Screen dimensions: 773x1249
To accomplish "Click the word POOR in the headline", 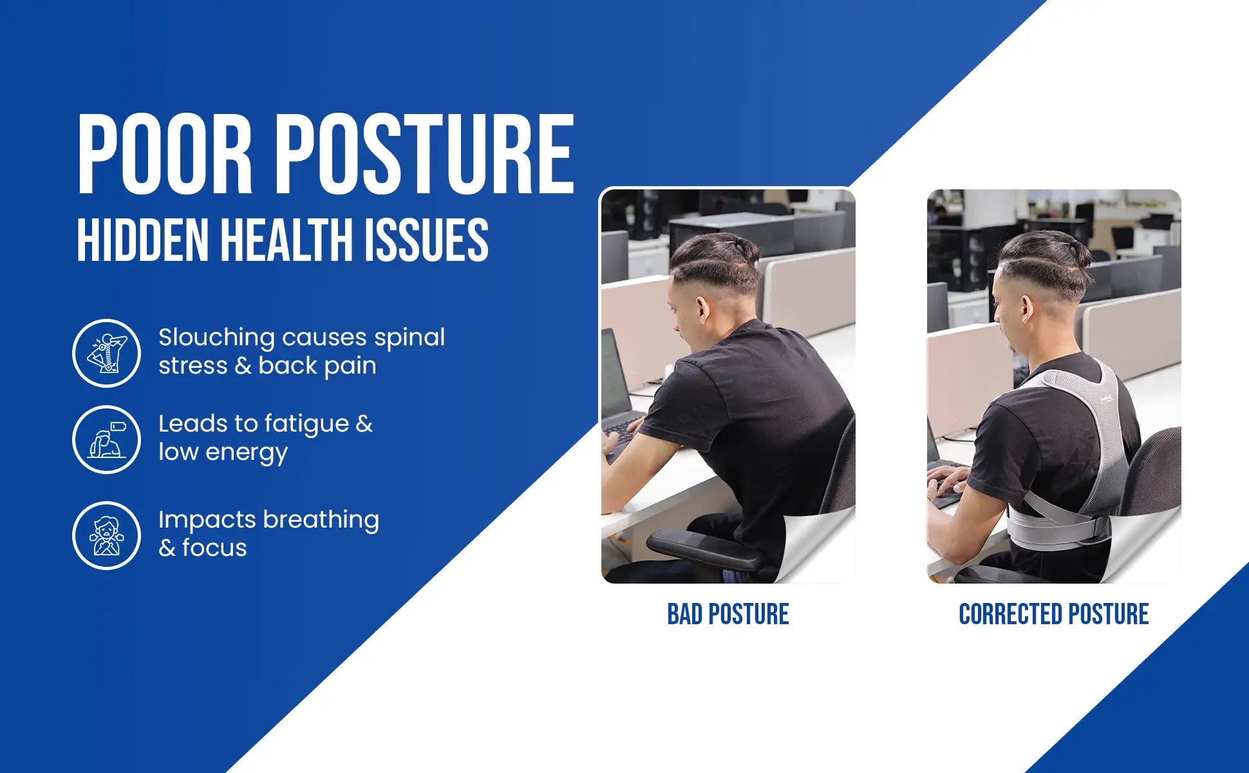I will coord(165,154).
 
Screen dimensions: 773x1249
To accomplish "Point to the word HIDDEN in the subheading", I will coord(142,240).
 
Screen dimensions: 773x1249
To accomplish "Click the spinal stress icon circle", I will coord(106,353).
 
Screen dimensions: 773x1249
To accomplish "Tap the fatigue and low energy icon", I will coord(106,439).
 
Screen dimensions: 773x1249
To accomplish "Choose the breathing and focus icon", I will coord(106,535).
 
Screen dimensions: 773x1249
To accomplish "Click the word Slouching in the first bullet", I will coord(216,338).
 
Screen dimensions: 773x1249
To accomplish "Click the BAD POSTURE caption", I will coord(728,615).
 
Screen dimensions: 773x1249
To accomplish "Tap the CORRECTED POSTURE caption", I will coord(1053,615).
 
